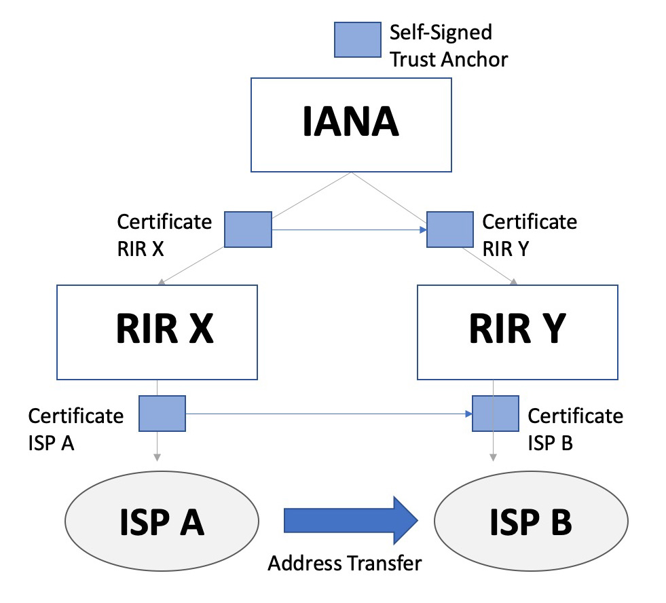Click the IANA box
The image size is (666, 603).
point(351,124)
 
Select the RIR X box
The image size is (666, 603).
point(157,331)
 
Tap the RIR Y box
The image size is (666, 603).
point(517,331)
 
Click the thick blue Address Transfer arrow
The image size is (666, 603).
point(351,521)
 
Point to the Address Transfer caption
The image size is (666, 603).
point(345,563)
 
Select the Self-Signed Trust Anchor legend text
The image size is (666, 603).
point(448,45)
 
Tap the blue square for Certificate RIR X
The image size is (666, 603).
point(248,229)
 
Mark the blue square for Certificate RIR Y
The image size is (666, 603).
point(449,229)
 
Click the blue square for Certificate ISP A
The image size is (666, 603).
point(162,414)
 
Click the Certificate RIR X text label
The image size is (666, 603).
point(164,233)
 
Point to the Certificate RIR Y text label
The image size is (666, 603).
point(529,233)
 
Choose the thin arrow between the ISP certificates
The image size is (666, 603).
point(329,414)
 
